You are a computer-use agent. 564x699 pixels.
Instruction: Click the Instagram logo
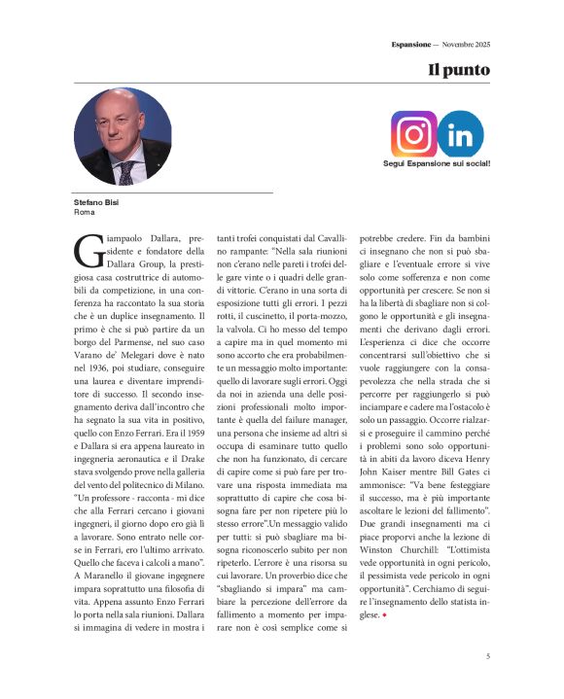point(414,134)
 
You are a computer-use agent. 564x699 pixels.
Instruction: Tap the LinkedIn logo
point(460,134)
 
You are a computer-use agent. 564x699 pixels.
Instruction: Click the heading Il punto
point(459,71)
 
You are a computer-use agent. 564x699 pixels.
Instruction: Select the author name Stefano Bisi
point(95,202)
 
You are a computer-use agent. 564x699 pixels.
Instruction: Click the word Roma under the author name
point(84,211)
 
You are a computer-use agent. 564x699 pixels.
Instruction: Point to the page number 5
point(487,657)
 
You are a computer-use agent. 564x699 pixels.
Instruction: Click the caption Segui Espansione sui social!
point(437,163)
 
